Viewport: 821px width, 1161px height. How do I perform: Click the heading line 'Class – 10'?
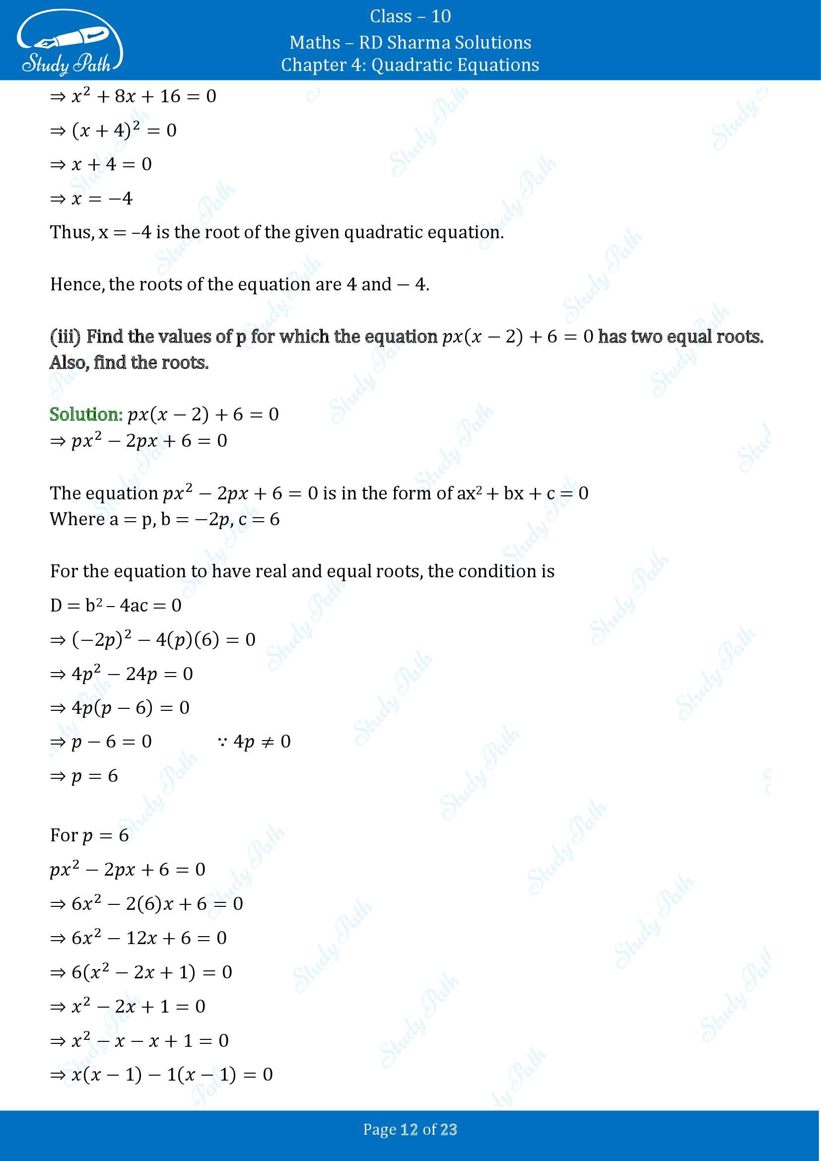pos(410,17)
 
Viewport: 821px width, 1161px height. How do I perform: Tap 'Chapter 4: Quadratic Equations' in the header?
pos(410,65)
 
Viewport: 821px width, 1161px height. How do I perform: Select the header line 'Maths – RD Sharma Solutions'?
pos(410,43)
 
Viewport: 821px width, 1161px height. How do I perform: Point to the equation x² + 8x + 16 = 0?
pos(134,97)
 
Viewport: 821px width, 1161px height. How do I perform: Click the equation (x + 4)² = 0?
pos(114,131)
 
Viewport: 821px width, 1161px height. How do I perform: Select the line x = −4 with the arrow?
pos(91,198)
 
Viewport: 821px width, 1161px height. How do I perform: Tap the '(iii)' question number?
pos(65,337)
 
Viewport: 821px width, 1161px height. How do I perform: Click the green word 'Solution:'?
pos(86,414)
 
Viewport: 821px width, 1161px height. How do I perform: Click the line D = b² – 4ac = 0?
pos(116,605)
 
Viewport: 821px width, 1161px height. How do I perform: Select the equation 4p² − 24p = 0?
pos(122,674)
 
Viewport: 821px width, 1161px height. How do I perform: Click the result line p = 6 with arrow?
pos(84,776)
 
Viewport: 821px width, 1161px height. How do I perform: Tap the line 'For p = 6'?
pos(89,835)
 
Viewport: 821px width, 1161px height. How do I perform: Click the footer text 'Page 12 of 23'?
pos(410,1130)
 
